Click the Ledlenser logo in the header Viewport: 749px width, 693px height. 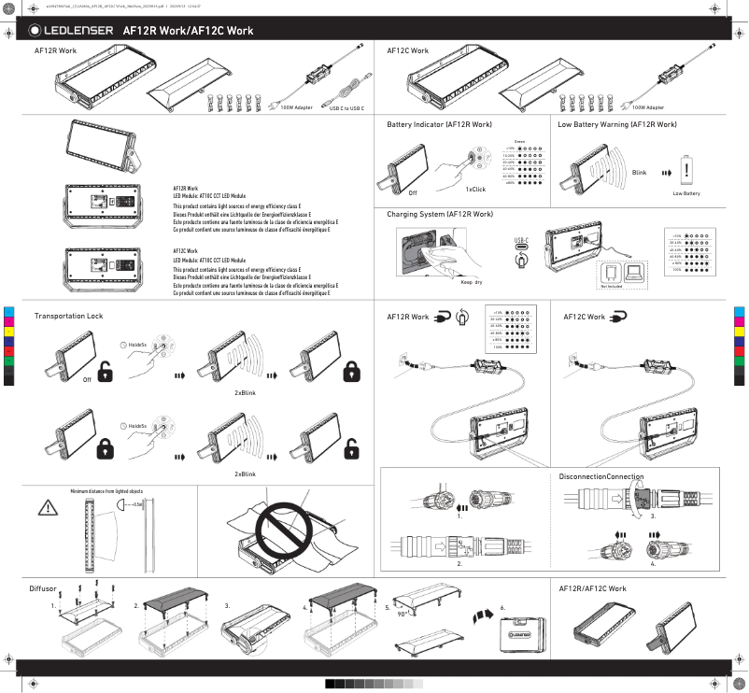[71, 31]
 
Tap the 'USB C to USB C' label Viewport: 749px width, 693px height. [346, 108]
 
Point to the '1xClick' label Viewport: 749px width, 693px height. [475, 190]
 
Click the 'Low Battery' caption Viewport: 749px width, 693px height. [686, 193]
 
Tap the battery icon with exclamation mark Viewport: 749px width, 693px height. [687, 170]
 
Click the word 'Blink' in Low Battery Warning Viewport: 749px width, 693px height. [639, 173]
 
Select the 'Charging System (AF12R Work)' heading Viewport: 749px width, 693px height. [440, 214]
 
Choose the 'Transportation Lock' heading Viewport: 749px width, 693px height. [68, 317]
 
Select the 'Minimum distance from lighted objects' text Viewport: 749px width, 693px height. [106, 490]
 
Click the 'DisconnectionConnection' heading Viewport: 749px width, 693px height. [601, 477]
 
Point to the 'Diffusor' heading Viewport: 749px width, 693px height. [43, 589]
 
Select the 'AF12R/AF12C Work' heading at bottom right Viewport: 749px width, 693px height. [592, 589]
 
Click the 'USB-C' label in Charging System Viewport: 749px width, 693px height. [521, 241]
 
